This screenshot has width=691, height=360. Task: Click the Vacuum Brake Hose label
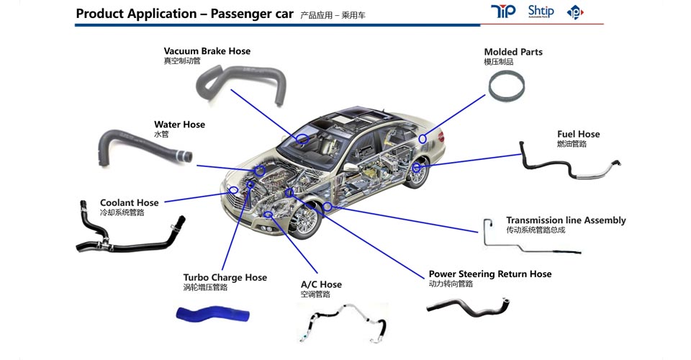click(x=207, y=52)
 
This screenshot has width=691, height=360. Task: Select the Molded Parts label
click(x=513, y=53)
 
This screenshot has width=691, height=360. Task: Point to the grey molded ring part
click(x=505, y=86)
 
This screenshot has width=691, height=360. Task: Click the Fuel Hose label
click(x=578, y=135)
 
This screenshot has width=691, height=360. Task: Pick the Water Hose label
click(x=179, y=125)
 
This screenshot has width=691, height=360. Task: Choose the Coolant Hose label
click(x=129, y=203)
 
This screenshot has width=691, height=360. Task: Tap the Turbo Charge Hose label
click(x=225, y=278)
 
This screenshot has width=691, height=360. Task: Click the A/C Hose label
click(x=321, y=284)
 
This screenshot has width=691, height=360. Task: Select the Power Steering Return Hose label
click(x=489, y=274)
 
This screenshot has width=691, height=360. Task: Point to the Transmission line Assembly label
click(x=566, y=220)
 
